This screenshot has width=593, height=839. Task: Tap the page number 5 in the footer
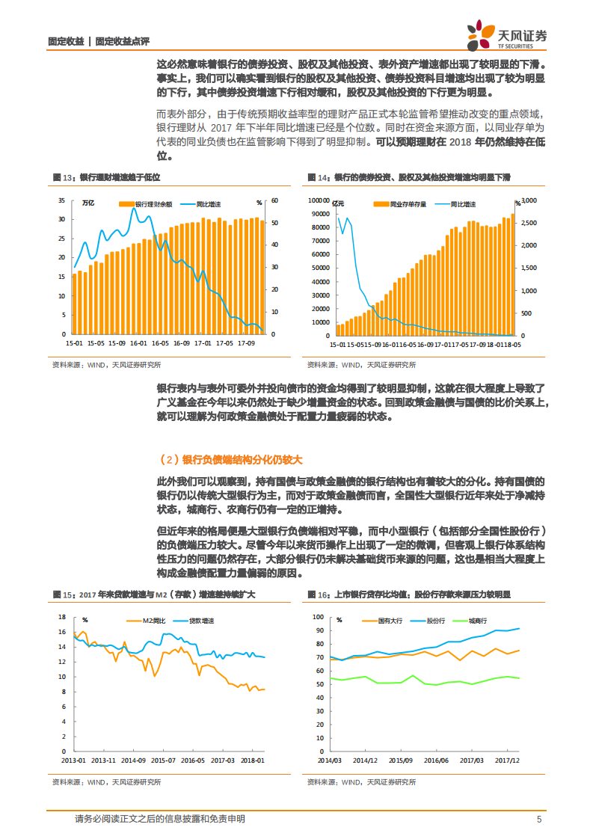coord(538,819)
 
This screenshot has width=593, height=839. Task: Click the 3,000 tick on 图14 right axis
coord(529,200)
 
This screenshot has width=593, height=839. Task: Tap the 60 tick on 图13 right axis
coord(274,200)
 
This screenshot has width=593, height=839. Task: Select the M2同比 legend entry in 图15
coord(155,620)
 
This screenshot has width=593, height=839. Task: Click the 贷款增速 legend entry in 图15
coord(199,620)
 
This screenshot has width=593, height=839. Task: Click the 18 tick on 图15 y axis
coord(63,617)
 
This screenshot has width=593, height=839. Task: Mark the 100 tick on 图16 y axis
coord(318,617)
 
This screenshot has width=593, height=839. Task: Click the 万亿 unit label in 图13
coord(88,203)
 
